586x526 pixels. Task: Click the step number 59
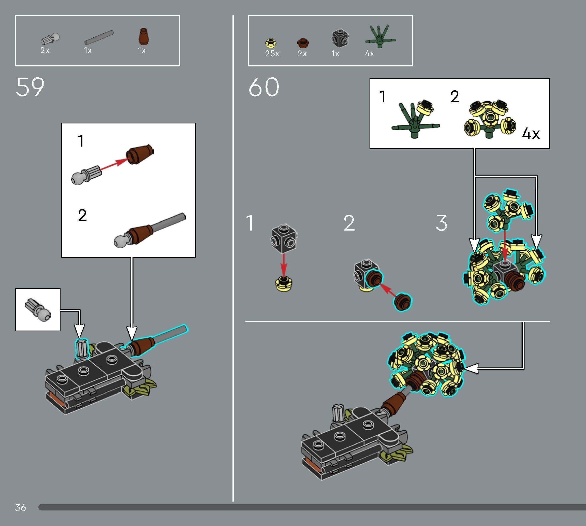30,87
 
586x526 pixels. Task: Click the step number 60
264,87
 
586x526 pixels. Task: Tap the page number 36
21,507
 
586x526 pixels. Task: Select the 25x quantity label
272,54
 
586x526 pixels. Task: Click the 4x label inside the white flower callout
531,134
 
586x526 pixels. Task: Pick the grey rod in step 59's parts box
99,37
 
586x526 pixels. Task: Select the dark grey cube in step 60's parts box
340,38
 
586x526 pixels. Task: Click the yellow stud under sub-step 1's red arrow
284,284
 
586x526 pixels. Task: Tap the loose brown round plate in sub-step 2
403,302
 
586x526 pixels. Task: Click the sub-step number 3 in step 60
441,223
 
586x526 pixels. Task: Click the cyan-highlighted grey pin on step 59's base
82,348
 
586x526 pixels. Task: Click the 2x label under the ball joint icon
45,51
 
